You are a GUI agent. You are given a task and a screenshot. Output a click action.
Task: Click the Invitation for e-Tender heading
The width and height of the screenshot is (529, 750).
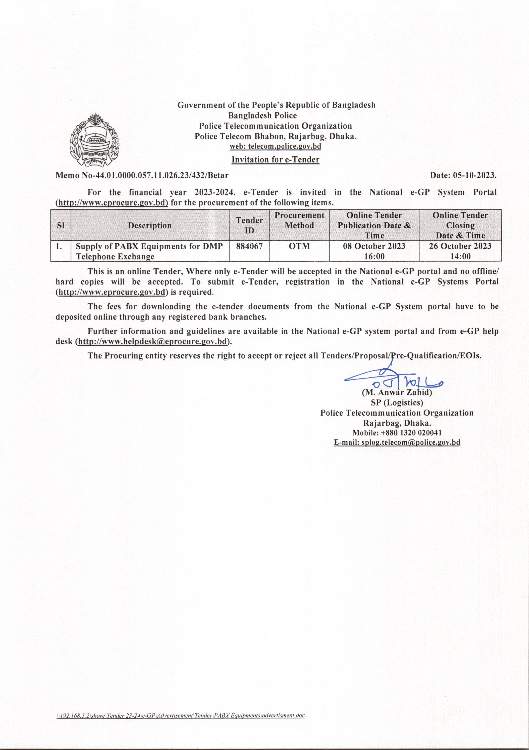tap(275, 160)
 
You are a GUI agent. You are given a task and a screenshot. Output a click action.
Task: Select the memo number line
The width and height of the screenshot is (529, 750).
tap(142, 176)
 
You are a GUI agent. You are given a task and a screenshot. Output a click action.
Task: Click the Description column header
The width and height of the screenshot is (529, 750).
tap(150, 225)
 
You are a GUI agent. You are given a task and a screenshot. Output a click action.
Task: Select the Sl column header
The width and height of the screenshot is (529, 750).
tap(60, 225)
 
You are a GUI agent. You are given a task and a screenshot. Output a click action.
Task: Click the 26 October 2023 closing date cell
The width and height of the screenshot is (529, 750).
tap(460, 251)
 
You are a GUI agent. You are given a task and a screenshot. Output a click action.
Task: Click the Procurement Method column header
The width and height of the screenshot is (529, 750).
tap(299, 220)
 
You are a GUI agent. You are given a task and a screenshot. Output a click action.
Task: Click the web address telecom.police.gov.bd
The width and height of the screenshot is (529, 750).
tap(275, 147)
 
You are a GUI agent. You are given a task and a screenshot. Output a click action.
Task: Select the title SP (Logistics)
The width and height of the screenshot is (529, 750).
tap(397, 402)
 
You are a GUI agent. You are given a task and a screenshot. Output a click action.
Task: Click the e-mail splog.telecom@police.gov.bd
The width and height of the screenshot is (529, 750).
tap(397, 443)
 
